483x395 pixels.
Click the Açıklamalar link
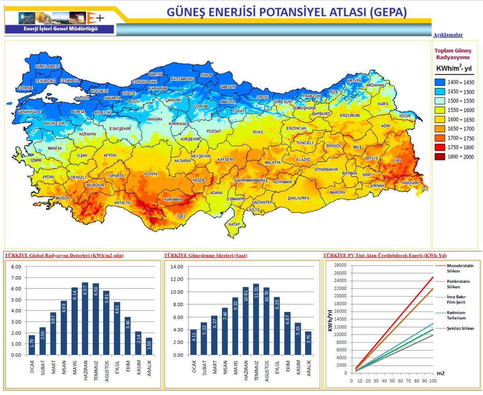pos(448,35)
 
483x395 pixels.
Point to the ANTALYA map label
pos(122,203)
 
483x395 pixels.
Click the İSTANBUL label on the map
pos(70,80)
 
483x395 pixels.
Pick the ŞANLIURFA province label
pos(298,198)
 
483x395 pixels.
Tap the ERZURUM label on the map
pos(349,115)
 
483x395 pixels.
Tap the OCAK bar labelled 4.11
pos(194,342)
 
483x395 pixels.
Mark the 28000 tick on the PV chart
pos(341,265)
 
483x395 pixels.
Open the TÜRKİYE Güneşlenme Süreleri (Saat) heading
pos(205,256)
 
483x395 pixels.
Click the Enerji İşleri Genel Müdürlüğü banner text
pos(60,29)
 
